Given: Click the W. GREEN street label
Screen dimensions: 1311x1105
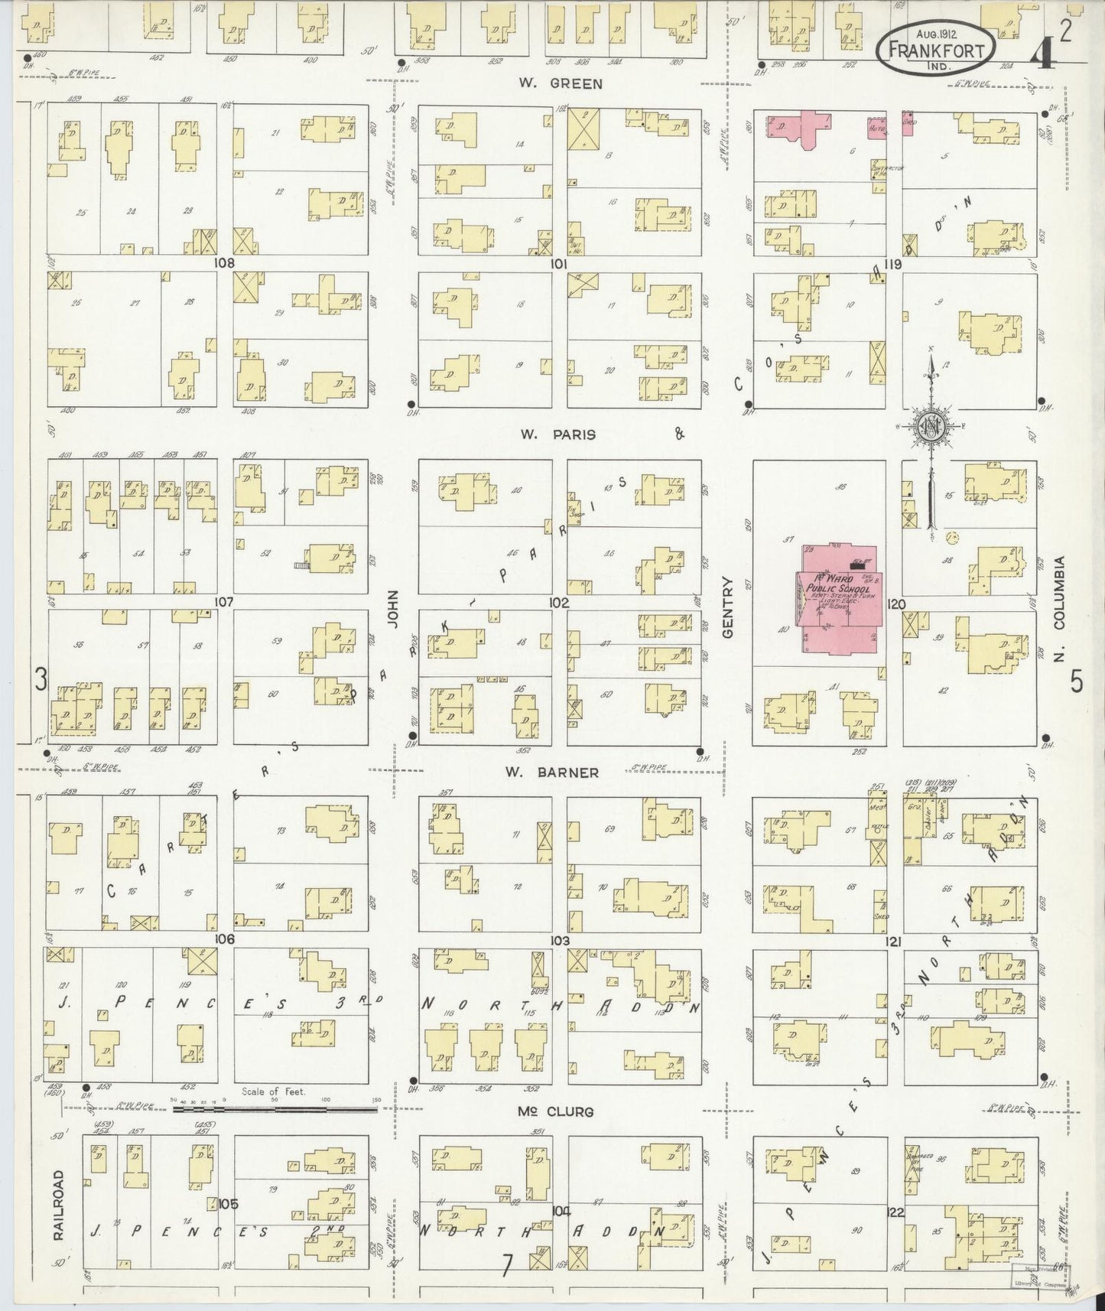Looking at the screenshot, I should pos(570,84).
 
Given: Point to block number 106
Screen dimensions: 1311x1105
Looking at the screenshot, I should pos(224,939).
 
